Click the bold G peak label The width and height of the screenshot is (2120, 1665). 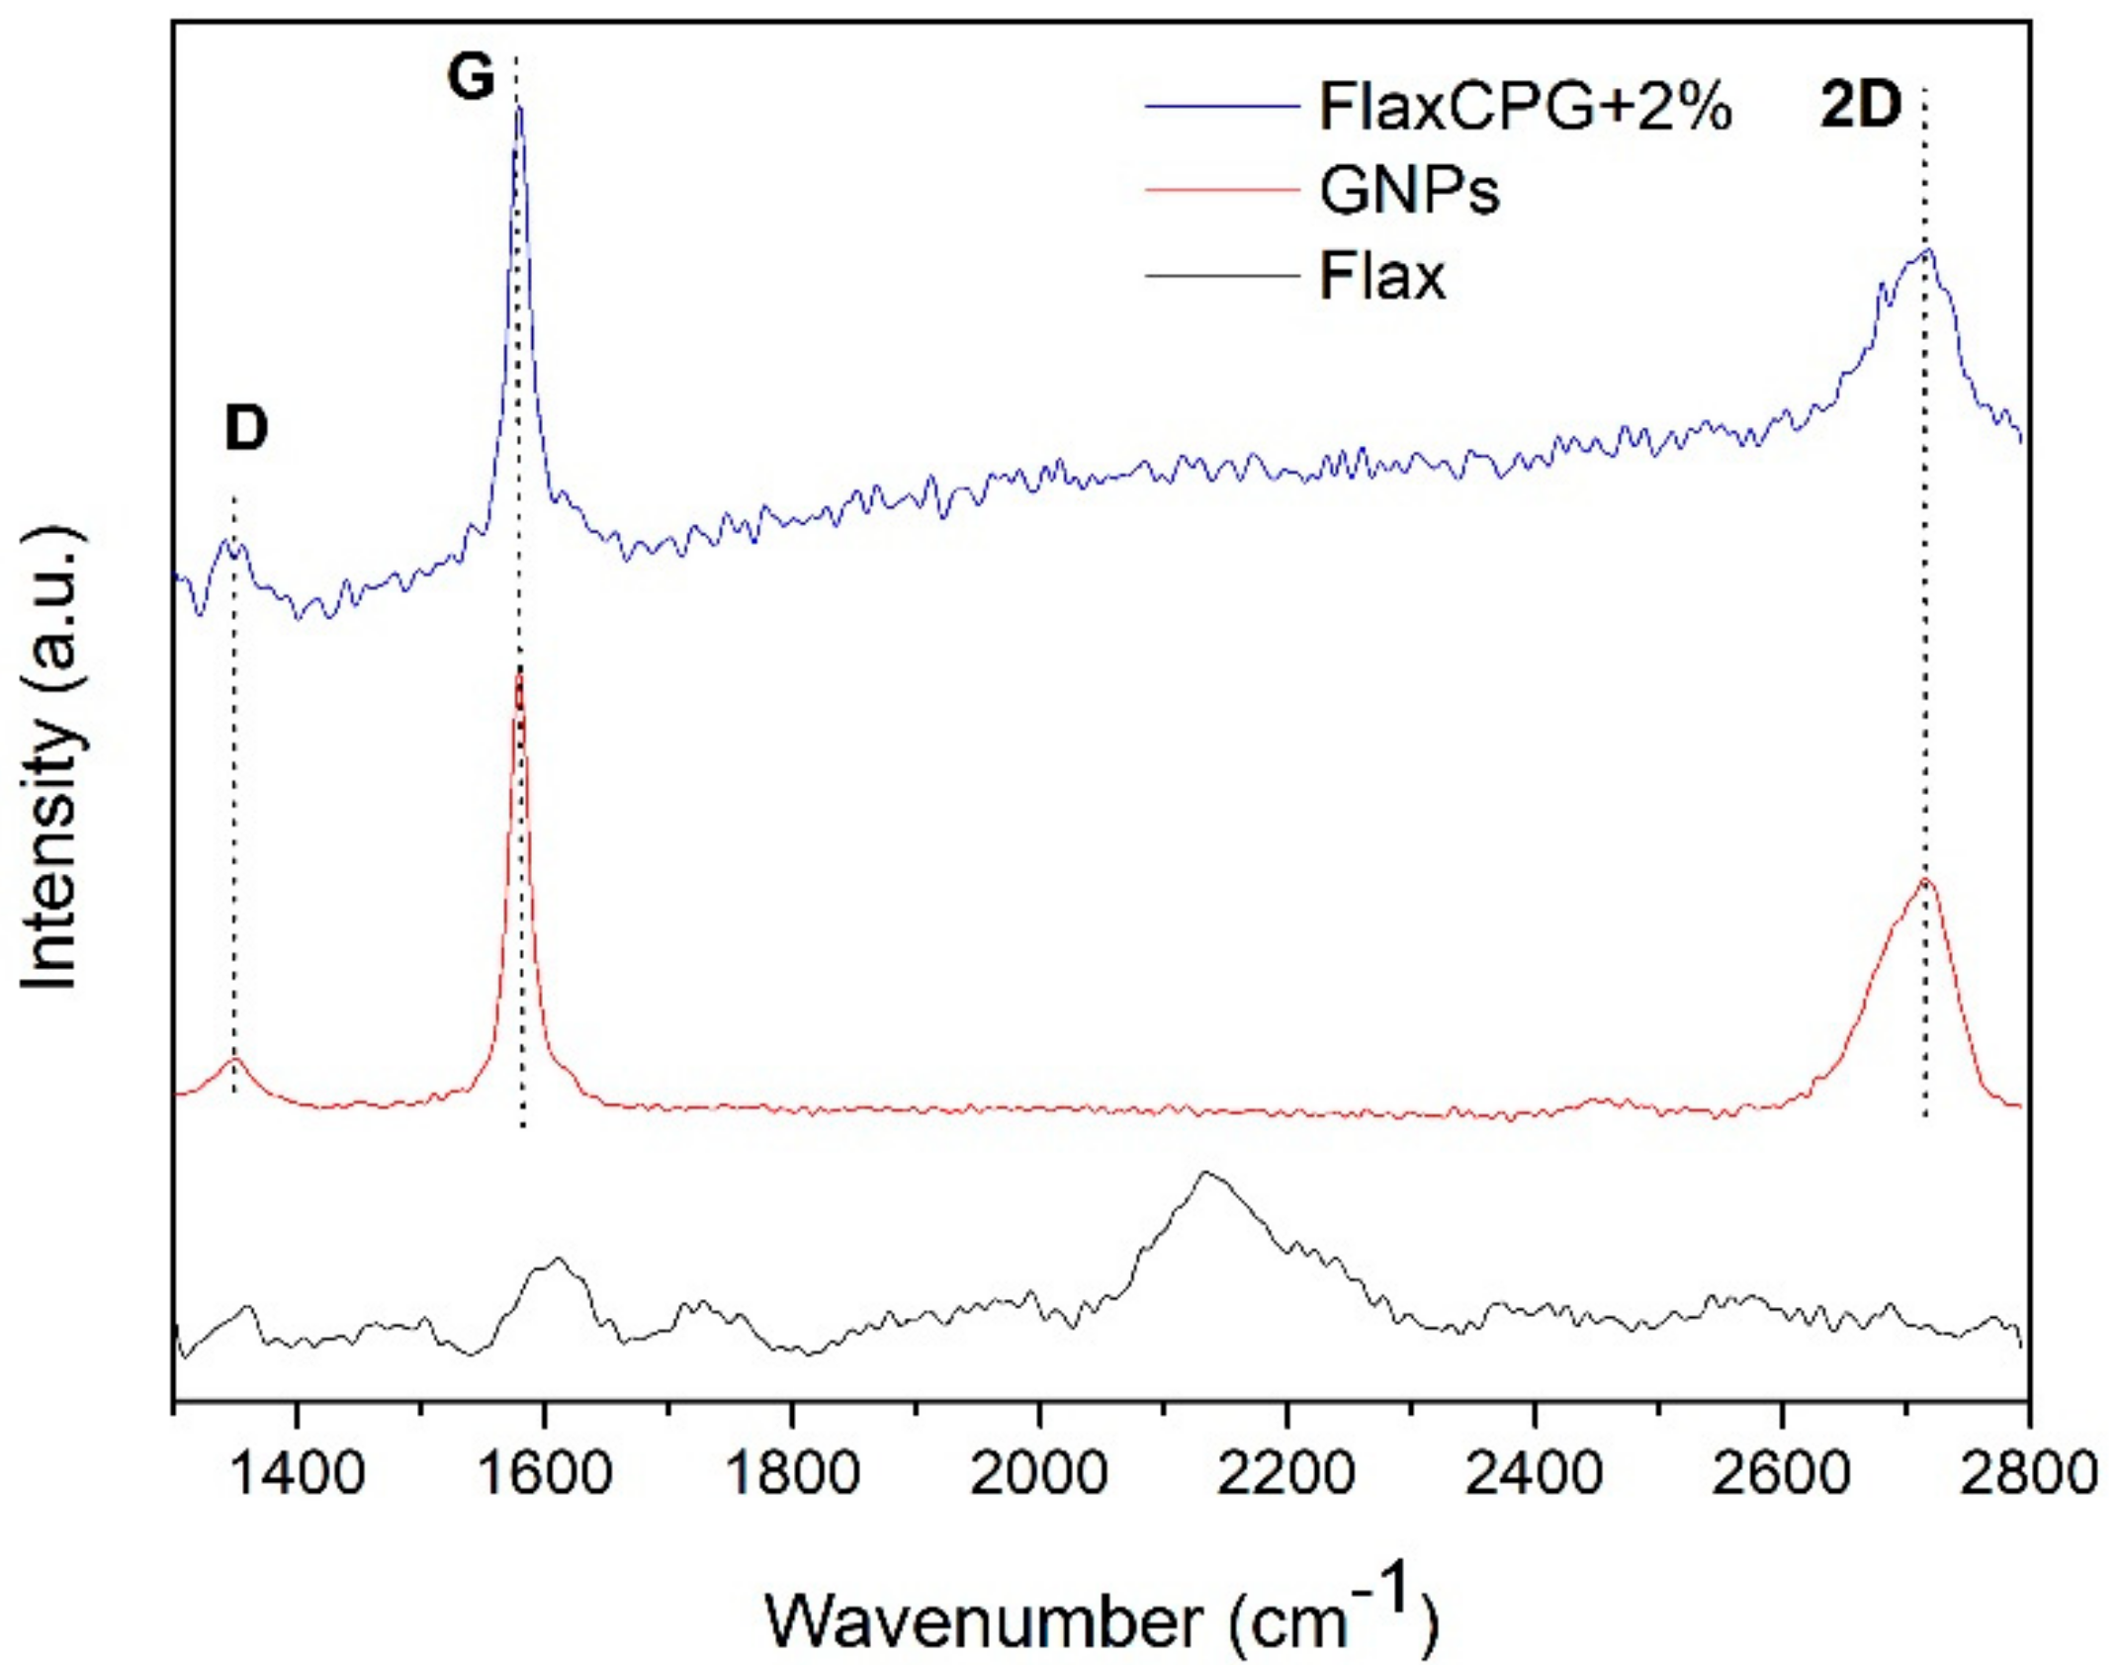pyautogui.click(x=470, y=77)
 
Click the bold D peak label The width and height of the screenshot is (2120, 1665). pyautogui.click(x=246, y=429)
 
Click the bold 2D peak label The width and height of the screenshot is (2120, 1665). pyautogui.click(x=1860, y=106)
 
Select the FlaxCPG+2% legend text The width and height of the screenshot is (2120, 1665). pyautogui.click(x=1525, y=108)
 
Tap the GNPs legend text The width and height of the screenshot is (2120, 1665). pyautogui.click(x=1409, y=191)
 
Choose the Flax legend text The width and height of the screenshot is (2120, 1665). pyautogui.click(x=1381, y=276)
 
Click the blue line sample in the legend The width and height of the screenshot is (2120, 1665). pyautogui.click(x=1222, y=106)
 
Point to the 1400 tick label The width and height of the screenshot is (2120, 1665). pyautogui.click(x=296, y=1473)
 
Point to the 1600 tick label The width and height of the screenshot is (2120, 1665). pyautogui.click(x=543, y=1473)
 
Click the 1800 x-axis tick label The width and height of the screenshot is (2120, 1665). pyautogui.click(x=791, y=1473)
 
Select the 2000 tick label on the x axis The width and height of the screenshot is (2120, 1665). pyautogui.click(x=1038, y=1473)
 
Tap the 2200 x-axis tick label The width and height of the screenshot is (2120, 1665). pyautogui.click(x=1285, y=1473)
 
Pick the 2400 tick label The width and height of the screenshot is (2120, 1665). pyautogui.click(x=1534, y=1473)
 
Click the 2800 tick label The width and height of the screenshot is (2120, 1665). pyautogui.click(x=2027, y=1473)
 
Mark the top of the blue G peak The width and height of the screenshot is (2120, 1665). pyautogui.click(x=519, y=109)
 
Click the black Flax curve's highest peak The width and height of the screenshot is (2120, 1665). pyautogui.click(x=1204, y=1173)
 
